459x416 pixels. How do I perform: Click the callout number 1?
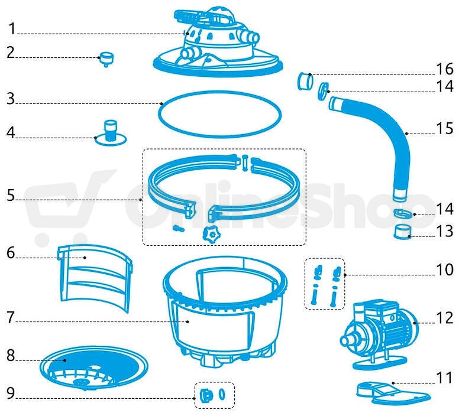click(12, 29)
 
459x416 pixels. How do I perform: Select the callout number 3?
click(11, 99)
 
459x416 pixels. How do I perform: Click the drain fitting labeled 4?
click(111, 133)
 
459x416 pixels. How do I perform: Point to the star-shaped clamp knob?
click(211, 233)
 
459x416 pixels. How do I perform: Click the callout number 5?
click(11, 195)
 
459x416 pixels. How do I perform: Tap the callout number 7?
click(11, 317)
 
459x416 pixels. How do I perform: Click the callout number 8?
click(11, 356)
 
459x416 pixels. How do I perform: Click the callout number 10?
click(445, 269)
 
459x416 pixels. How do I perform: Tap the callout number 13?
click(445, 231)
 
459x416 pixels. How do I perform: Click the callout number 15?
click(445, 128)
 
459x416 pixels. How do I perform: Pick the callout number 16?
click(445, 69)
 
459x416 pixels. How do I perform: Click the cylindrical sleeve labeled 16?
click(305, 81)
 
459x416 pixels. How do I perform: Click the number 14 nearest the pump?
click(445, 209)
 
